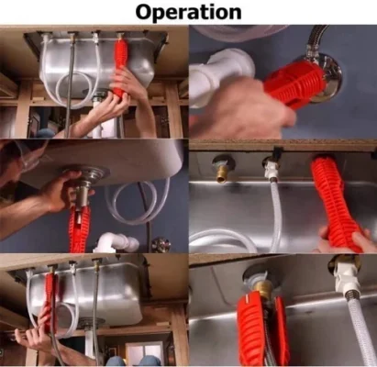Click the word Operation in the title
click(x=188, y=12)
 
